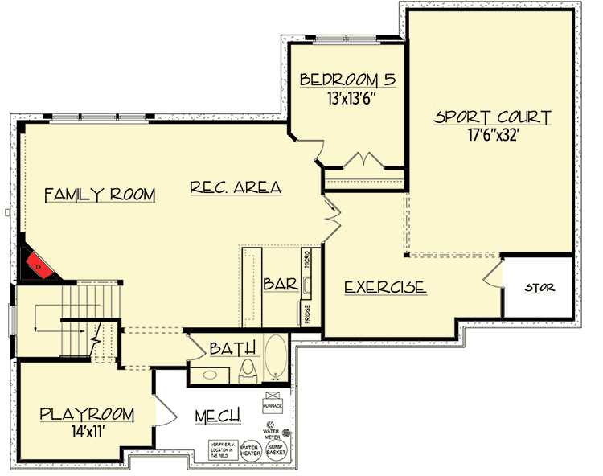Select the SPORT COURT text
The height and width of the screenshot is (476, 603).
tap(492, 117)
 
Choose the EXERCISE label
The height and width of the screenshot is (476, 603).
tap(384, 287)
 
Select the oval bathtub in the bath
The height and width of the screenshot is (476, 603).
tap(274, 359)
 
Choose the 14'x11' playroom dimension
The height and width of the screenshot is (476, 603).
tap(87, 433)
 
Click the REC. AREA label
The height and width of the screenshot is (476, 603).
tap(236, 187)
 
